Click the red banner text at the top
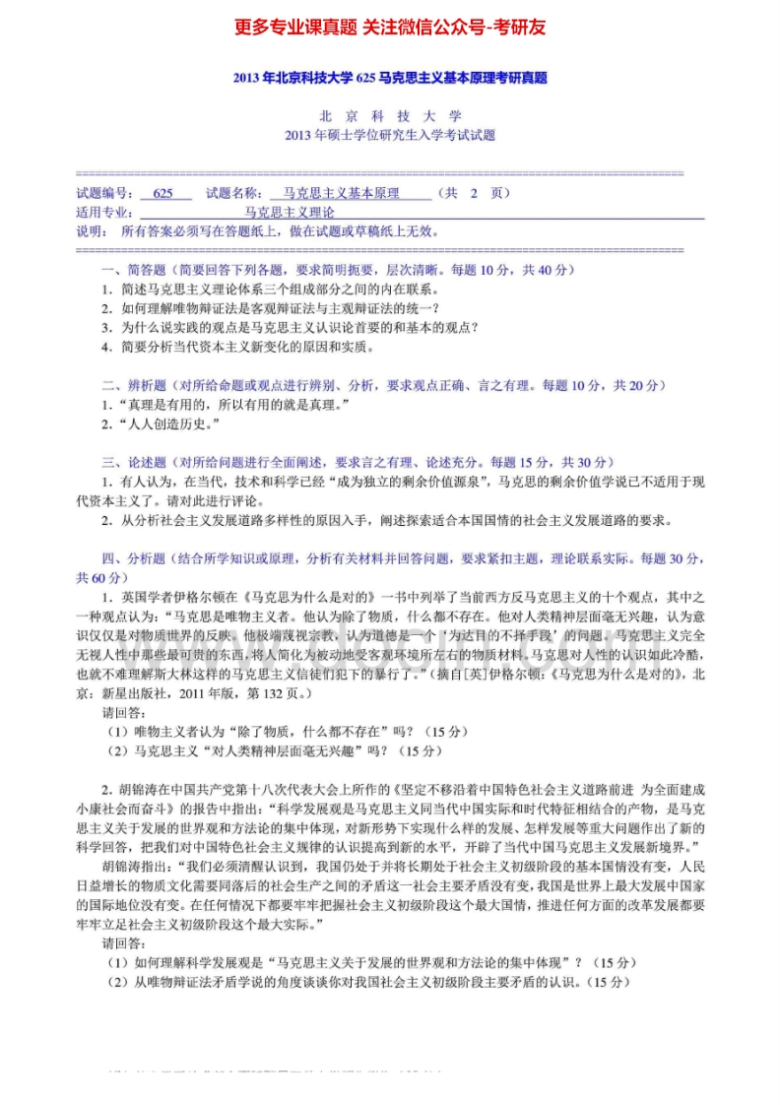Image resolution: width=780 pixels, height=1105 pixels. pos(390,28)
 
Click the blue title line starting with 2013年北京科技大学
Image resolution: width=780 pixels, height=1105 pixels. pos(390,78)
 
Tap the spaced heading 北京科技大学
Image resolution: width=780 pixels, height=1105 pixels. pos(390,116)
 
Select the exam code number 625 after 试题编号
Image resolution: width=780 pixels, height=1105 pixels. pos(163,194)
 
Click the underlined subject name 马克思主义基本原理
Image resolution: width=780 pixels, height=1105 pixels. pos(342,194)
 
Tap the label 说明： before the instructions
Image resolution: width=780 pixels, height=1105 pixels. pos(93,231)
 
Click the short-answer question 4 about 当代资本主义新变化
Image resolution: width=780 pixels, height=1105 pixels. pos(237,347)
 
